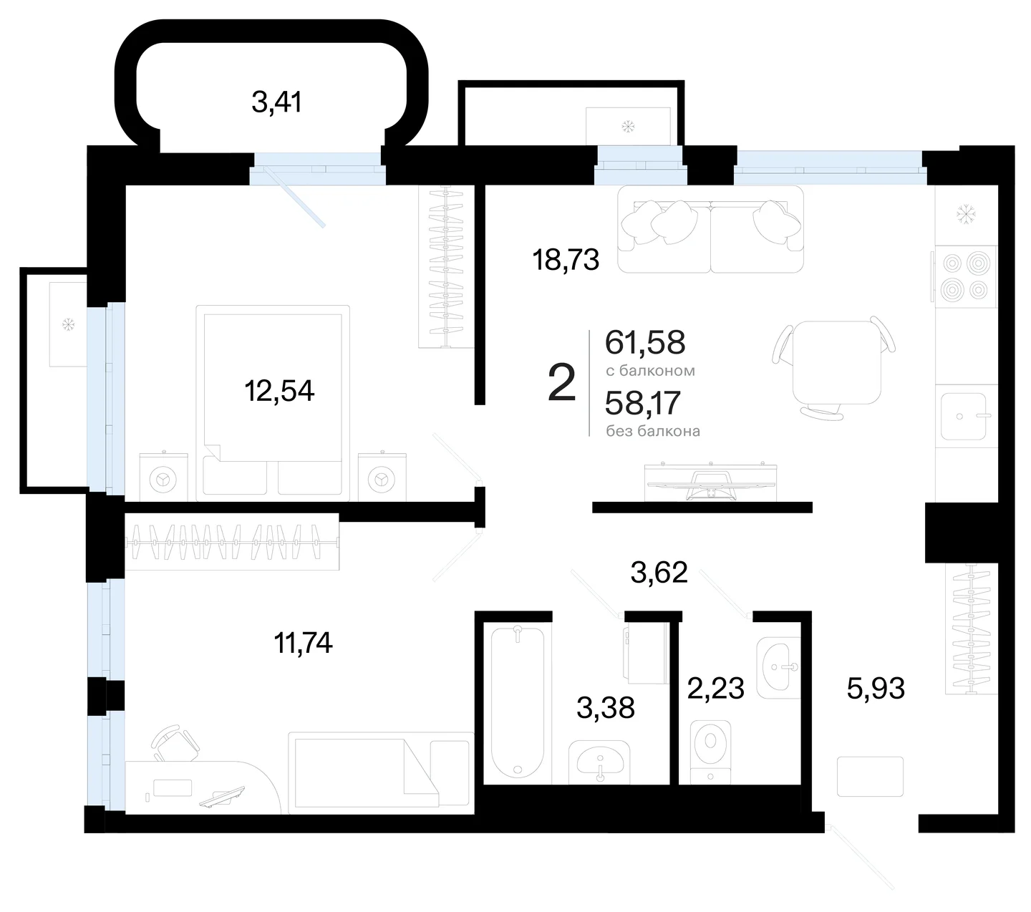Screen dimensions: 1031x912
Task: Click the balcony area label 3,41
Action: coord(277,102)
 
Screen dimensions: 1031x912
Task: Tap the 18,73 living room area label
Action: coord(566,260)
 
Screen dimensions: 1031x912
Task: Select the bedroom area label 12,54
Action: coord(279,391)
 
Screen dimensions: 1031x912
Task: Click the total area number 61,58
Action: coord(645,342)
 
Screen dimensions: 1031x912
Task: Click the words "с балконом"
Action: coord(650,371)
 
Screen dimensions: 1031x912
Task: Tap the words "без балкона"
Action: coord(653,431)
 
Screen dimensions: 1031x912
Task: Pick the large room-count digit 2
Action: coord(561,382)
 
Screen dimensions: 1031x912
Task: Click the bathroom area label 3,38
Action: coord(606,707)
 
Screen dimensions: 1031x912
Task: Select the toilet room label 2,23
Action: coord(715,688)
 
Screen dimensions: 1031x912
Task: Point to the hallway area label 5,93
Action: coord(876,688)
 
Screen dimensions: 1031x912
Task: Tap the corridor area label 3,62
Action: coord(659,572)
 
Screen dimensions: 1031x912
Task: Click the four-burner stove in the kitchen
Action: coord(965,276)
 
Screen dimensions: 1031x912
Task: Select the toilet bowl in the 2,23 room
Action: coord(710,751)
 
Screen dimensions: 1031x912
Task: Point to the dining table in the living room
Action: coord(836,362)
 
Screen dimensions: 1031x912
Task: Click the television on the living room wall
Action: coord(710,482)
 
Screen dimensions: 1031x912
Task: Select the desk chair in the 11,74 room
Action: coord(175,744)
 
